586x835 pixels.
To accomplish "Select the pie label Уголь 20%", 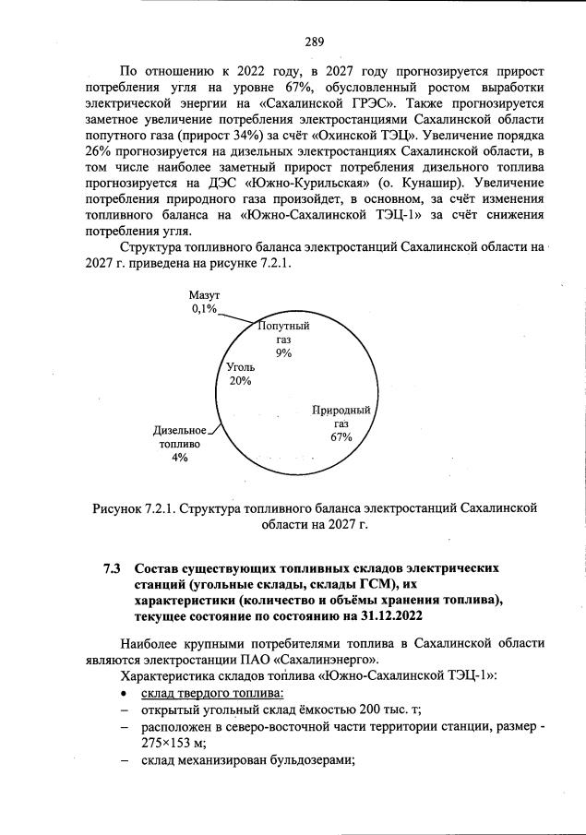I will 240,374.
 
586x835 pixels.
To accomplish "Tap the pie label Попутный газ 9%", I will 283,339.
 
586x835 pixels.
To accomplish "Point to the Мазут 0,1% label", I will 204,302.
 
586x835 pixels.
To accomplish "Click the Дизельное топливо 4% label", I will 179,443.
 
